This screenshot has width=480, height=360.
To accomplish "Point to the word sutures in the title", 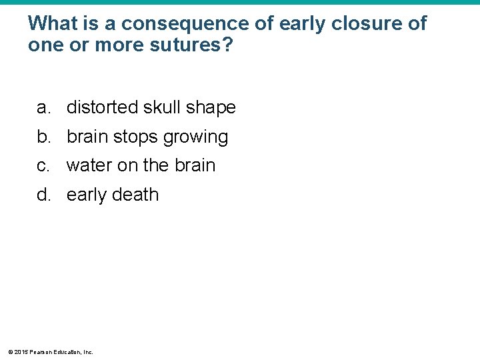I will [198, 47].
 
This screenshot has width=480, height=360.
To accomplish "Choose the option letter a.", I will [43, 107].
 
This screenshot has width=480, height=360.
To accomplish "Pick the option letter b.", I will [43, 137].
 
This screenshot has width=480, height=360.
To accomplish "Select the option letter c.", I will [43, 165].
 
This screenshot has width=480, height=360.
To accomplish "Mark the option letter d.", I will [43, 195].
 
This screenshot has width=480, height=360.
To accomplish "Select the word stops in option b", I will [135, 137].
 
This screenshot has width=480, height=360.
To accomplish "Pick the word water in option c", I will [89, 165].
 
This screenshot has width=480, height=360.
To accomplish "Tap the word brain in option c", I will [193, 165].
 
